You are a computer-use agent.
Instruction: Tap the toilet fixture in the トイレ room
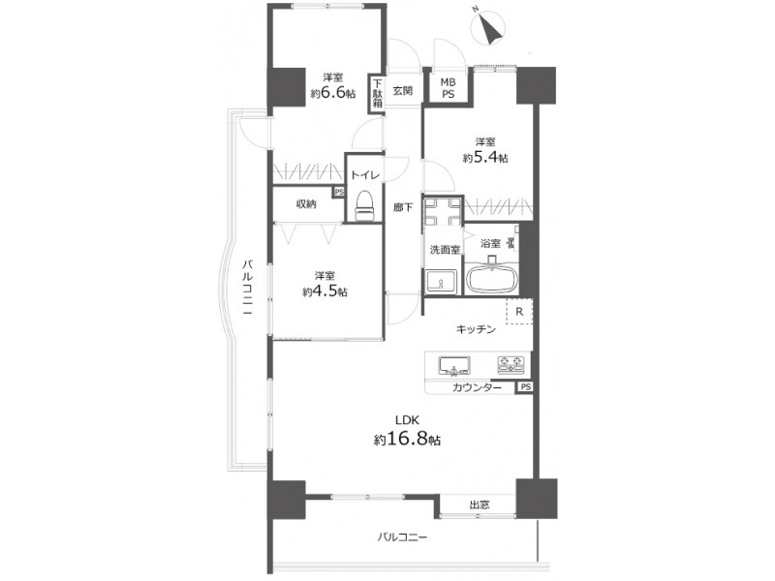[x=365, y=204]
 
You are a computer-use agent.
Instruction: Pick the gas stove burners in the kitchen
[x=511, y=364]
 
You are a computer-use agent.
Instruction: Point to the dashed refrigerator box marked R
[x=519, y=312]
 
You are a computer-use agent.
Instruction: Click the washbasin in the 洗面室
[x=441, y=283]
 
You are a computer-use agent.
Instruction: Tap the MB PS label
[x=448, y=88]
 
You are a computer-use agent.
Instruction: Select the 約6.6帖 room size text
[x=332, y=93]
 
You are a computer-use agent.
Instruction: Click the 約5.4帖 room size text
[x=485, y=157]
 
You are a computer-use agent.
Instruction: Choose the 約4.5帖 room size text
[x=325, y=291]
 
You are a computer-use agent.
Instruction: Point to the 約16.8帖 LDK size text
[x=407, y=439]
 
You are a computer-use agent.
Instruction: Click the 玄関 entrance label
[x=403, y=91]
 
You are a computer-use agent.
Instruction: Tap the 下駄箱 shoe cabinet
[x=377, y=93]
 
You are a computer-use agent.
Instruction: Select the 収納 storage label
[x=306, y=203]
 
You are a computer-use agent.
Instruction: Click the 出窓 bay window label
[x=479, y=505]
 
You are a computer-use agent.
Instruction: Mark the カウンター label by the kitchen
[x=477, y=388]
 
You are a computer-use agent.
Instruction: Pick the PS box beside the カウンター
[x=525, y=387]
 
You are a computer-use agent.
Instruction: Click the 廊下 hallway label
[x=403, y=207]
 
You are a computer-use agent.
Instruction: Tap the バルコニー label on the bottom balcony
[x=402, y=536]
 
